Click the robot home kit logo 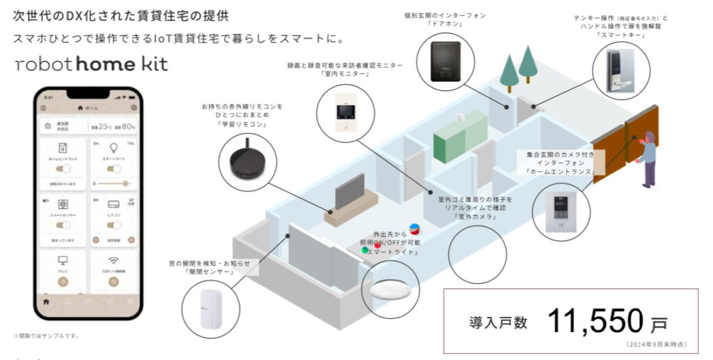tap(91, 64)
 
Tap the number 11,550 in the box tap(597, 321)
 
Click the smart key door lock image tap(620, 70)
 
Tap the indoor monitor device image tap(344, 114)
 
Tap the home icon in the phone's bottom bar tap(47, 302)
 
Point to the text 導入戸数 tap(498, 322)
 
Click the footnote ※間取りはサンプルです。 tap(46, 336)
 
